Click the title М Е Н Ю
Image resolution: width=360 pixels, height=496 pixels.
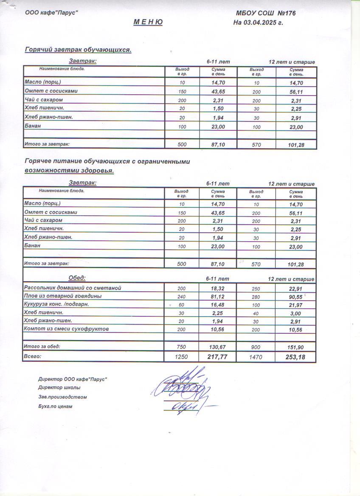(x=148, y=22)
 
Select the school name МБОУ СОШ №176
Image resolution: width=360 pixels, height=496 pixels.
(x=266, y=13)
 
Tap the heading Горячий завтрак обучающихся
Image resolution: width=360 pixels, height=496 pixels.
(x=78, y=50)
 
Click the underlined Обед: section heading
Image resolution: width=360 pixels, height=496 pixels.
(x=77, y=278)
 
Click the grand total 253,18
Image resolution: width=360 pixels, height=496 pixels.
(x=296, y=357)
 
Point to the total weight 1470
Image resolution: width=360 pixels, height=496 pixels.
(x=256, y=358)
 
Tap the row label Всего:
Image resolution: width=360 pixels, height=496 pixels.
(x=33, y=356)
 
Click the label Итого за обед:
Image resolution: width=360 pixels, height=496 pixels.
(x=42, y=347)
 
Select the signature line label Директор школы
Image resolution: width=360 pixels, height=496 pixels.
(x=59, y=387)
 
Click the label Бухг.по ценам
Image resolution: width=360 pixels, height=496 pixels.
(x=55, y=406)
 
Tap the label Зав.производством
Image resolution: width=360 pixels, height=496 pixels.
(x=62, y=397)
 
